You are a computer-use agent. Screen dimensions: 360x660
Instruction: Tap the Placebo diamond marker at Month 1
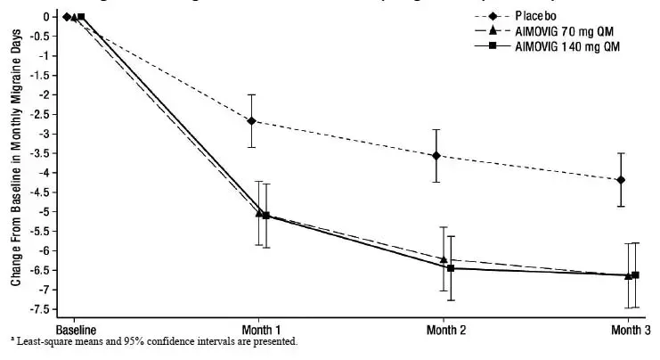(x=252, y=120)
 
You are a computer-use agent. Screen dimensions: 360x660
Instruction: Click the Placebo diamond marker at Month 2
(x=436, y=155)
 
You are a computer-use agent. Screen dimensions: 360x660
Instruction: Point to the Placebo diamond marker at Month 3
(x=620, y=180)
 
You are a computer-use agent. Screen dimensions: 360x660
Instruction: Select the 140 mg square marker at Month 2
(x=450, y=268)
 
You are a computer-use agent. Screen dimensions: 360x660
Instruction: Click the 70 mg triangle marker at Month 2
(x=443, y=259)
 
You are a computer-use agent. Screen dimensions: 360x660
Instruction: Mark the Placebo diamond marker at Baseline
(x=67, y=16)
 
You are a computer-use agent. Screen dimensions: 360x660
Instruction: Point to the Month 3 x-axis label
(x=629, y=328)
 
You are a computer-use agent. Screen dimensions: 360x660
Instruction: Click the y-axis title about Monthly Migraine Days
(x=15, y=165)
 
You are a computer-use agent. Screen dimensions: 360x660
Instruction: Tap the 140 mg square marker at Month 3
(x=635, y=275)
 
